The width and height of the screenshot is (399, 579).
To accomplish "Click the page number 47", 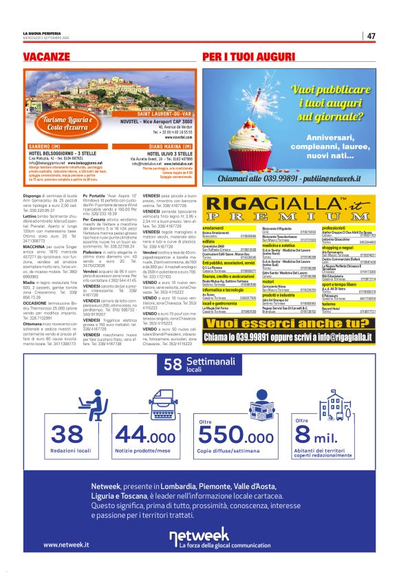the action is click(371, 36).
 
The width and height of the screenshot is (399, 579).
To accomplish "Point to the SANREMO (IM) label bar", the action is click(52, 146).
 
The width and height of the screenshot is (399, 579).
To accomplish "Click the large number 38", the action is click(67, 434).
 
